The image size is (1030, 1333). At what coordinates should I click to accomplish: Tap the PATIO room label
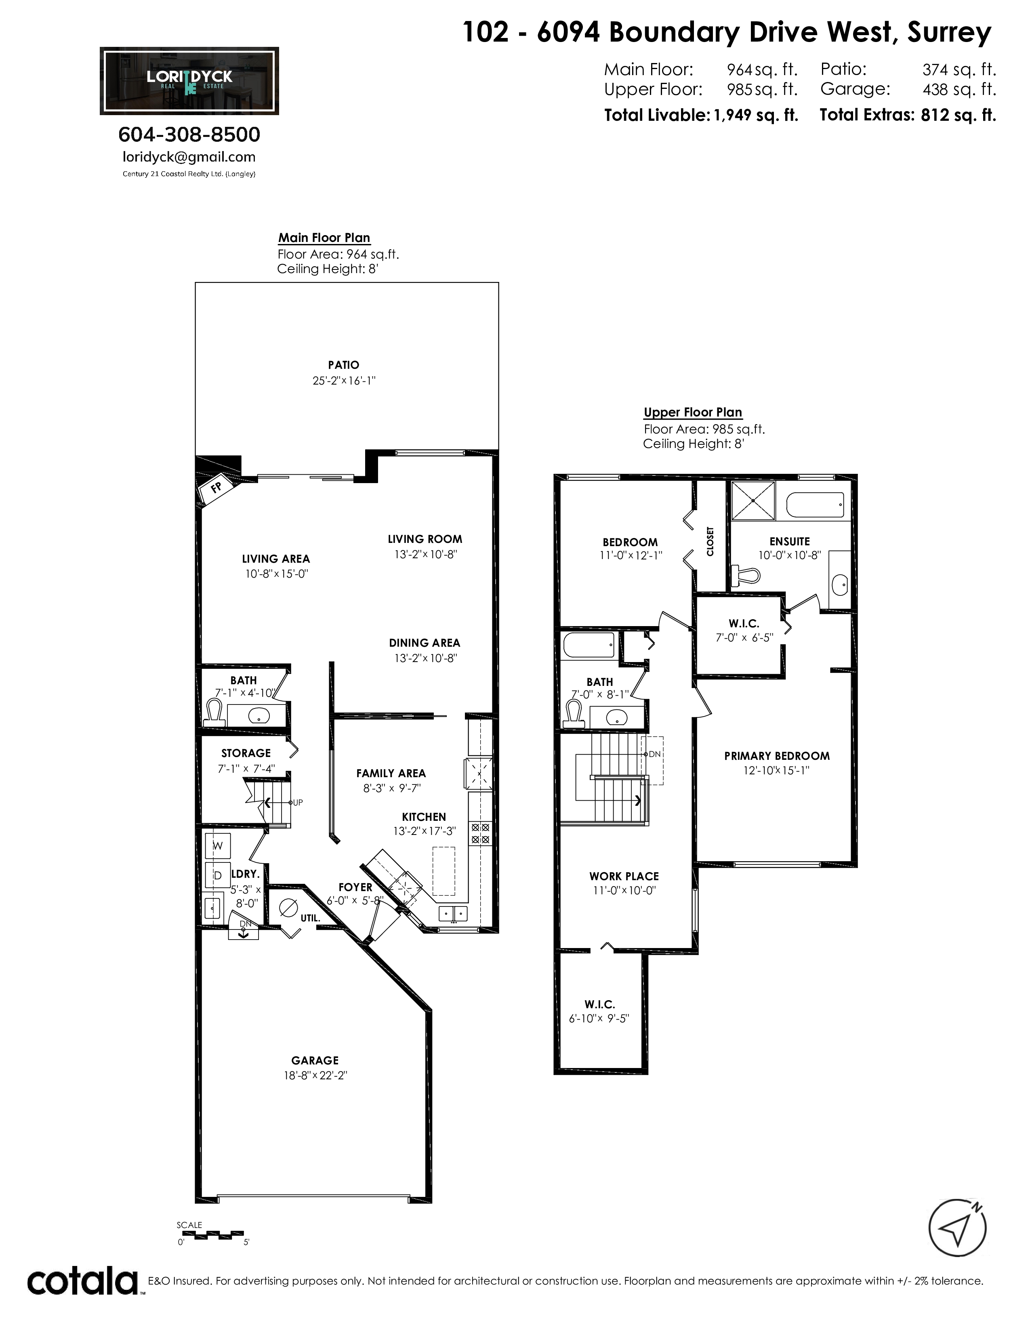point(344,365)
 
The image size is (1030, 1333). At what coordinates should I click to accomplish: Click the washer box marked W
point(218,846)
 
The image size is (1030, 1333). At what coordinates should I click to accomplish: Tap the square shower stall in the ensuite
point(753,500)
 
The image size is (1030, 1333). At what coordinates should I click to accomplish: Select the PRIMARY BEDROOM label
point(777,756)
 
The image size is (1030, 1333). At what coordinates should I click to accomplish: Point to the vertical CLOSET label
point(710,541)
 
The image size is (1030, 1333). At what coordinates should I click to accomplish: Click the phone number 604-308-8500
point(189,134)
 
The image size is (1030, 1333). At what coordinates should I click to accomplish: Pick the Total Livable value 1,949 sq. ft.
point(756,116)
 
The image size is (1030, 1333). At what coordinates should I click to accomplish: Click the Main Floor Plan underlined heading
point(324,238)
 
